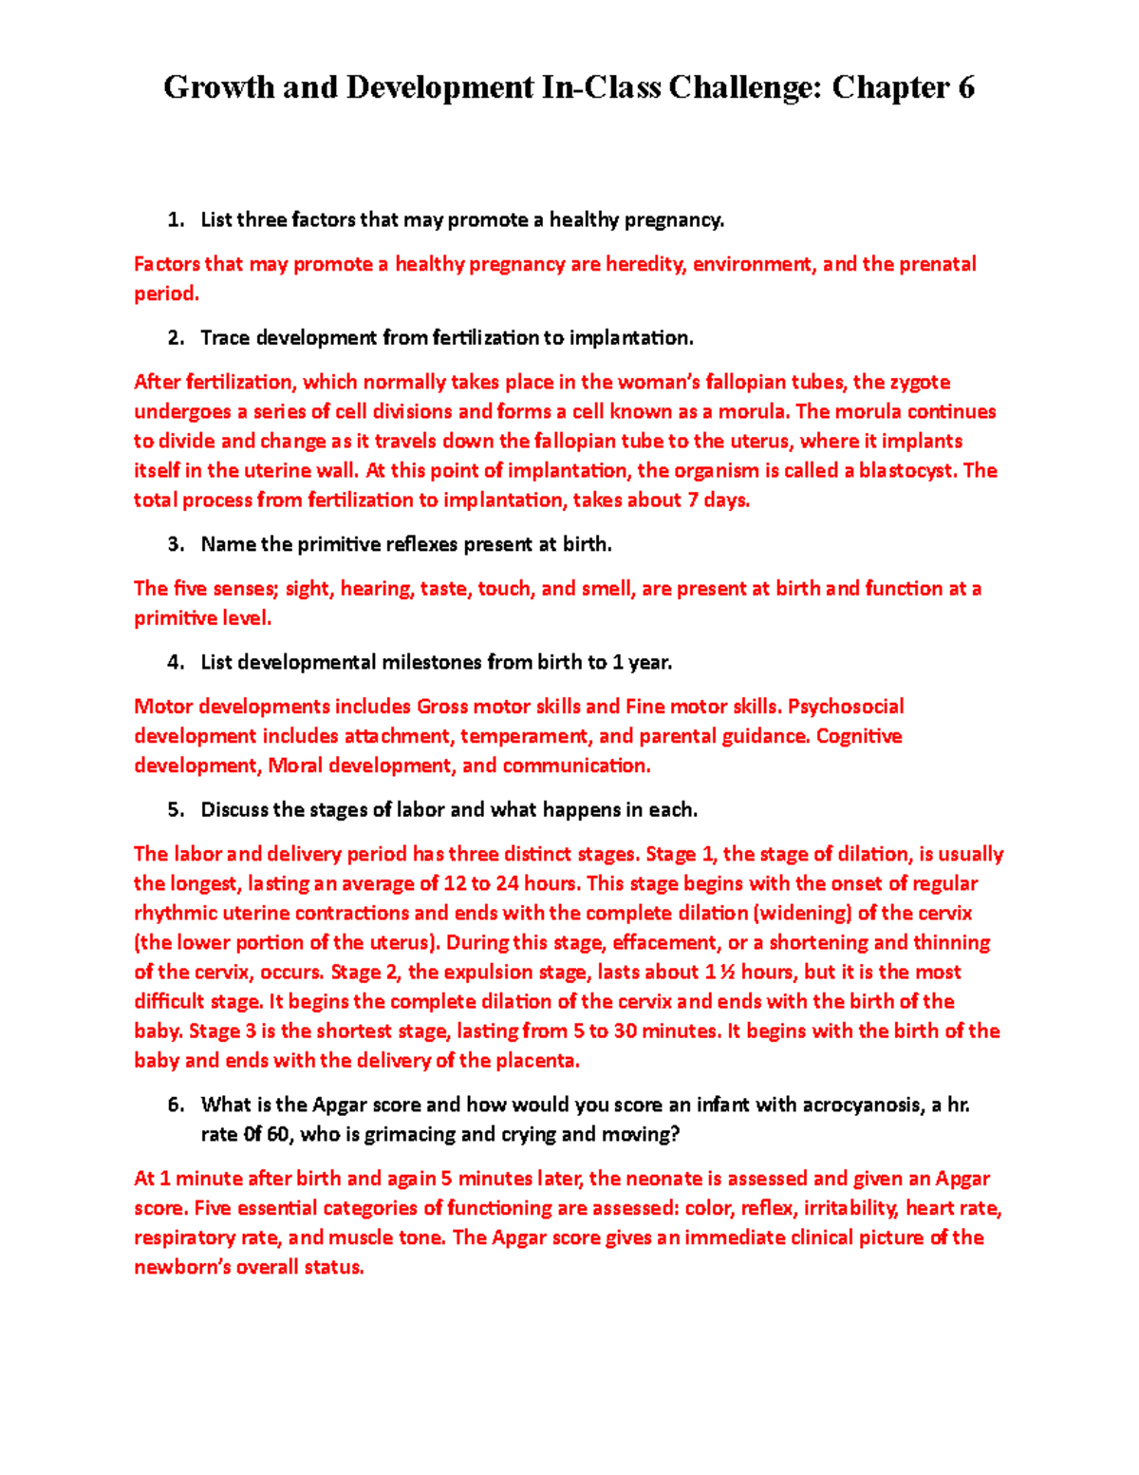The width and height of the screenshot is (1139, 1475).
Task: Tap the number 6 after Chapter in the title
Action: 966,88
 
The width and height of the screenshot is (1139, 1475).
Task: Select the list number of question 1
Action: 175,220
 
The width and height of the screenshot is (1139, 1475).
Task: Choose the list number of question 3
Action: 175,544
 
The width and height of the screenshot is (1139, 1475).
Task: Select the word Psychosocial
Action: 846,707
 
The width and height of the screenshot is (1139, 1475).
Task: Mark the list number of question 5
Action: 175,810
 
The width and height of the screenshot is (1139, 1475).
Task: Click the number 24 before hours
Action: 507,883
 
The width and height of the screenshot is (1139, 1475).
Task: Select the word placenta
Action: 535,1060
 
